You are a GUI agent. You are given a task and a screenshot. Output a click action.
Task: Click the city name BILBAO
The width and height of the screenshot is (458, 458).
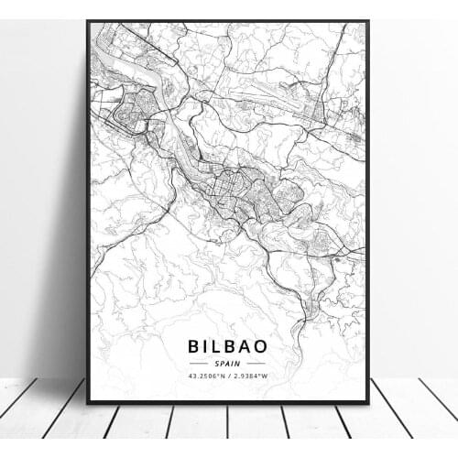(227, 346)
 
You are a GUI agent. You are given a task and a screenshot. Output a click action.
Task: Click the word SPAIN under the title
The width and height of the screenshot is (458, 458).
(227, 364)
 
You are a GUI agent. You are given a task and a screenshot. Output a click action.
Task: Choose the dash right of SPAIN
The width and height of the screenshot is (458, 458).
(253, 364)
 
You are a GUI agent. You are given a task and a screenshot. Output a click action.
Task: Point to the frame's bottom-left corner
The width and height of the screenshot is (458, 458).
(89, 402)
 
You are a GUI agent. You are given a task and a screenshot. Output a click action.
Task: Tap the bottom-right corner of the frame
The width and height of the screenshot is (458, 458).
(367, 402)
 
